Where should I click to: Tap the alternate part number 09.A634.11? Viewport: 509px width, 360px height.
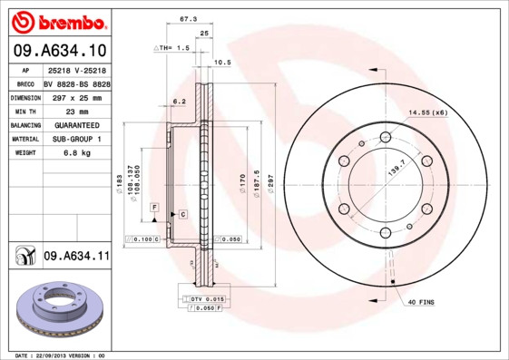click(75, 258)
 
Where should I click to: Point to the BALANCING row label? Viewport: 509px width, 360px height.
click(24, 124)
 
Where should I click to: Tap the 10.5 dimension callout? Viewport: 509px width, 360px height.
click(222, 63)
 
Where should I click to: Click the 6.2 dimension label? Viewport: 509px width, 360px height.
click(180, 102)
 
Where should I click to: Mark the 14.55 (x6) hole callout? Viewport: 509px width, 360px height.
click(428, 112)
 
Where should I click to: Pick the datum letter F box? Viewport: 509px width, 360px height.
click(155, 209)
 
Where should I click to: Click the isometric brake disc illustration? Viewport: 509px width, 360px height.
click(57, 313)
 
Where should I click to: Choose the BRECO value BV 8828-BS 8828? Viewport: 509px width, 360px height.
click(77, 81)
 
